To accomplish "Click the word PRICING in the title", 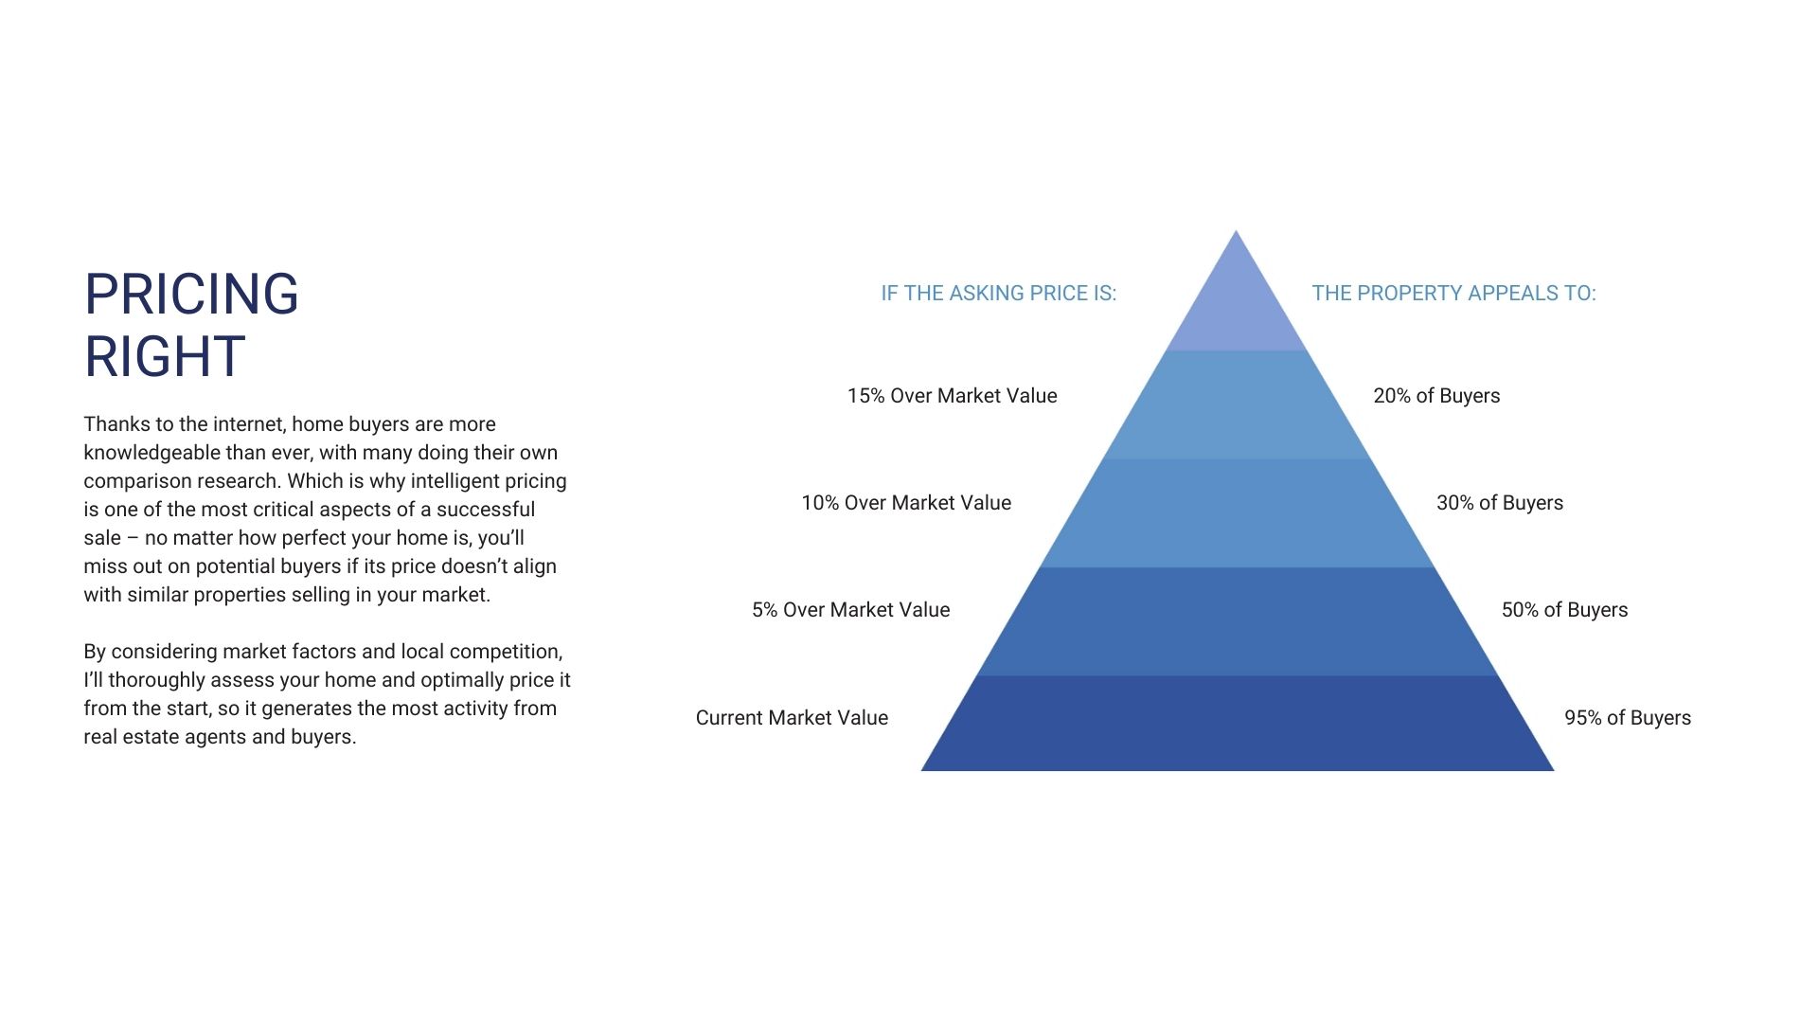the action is click(x=191, y=294).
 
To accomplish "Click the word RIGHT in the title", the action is click(x=165, y=356).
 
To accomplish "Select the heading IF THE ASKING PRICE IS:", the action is click(x=999, y=294).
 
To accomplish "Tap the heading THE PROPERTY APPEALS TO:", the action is click(x=1453, y=294).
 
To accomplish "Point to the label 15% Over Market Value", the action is click(x=952, y=396).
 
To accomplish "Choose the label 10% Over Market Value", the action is click(x=906, y=503).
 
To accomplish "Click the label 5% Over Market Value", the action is click(x=850, y=610).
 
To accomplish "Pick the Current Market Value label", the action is click(x=792, y=718).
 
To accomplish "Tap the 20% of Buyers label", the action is click(x=1436, y=396).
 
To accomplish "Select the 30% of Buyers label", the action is click(x=1500, y=503).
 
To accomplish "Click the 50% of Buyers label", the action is click(x=1564, y=610).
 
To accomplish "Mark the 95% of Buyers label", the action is click(x=1628, y=718).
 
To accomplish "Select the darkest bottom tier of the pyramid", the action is click(x=1238, y=724).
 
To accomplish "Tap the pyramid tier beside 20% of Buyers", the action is click(x=1238, y=405).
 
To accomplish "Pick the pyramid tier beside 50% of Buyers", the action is click(x=1238, y=621).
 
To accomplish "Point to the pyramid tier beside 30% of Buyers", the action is click(x=1238, y=513).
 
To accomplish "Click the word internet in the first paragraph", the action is click(x=249, y=424).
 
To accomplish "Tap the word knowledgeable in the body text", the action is click(x=151, y=453).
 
